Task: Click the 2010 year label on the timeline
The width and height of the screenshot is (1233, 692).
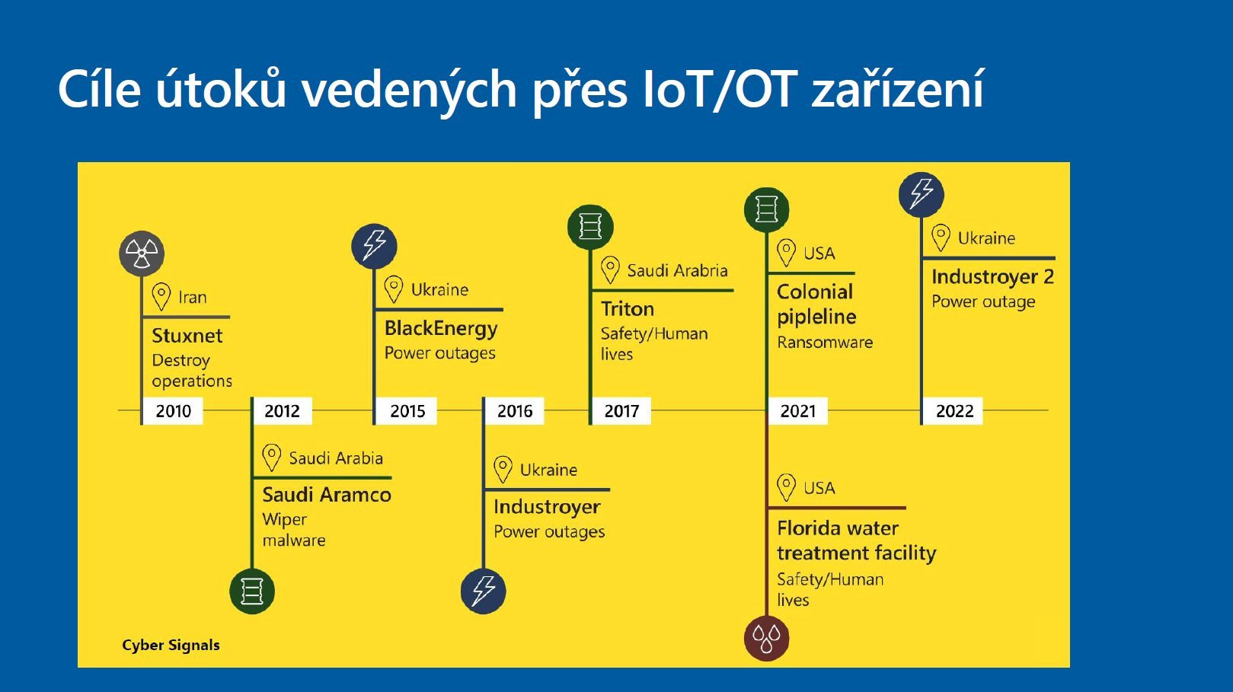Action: pos(173,411)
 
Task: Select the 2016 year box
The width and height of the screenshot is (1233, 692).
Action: pos(515,411)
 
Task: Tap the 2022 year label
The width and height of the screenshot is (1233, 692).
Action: pos(954,411)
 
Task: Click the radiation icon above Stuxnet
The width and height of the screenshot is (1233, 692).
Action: pos(142,254)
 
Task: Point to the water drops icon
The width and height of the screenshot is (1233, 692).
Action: pos(766,639)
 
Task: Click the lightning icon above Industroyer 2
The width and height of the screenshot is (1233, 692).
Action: pos(922,194)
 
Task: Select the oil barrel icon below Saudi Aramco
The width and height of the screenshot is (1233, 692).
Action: pos(252,592)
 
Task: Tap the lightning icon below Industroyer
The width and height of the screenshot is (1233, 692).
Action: pos(484,592)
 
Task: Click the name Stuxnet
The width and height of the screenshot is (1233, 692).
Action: pos(187,336)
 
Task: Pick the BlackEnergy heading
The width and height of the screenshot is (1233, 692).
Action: pos(441,328)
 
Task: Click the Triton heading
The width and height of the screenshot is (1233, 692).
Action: pos(628,309)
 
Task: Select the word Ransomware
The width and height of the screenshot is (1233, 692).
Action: pos(825,343)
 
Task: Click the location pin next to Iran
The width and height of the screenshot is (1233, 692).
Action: pos(161,297)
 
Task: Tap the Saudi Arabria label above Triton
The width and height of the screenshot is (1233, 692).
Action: pos(678,271)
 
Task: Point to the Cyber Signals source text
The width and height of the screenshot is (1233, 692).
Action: pos(171,646)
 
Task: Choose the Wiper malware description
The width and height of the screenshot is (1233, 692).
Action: pos(294,530)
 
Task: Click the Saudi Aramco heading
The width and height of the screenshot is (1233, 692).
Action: pos(327,495)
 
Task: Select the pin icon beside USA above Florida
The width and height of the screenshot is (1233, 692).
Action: pos(786,487)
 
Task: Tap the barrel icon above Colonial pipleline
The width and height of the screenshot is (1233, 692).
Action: pos(766,209)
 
